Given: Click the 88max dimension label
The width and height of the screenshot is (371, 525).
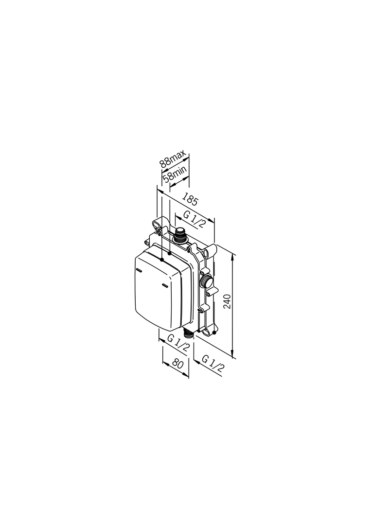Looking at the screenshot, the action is click(172, 159).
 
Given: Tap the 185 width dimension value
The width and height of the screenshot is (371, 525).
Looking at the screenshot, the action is click(190, 200).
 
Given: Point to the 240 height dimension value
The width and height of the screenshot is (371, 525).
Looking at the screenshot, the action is click(228, 301).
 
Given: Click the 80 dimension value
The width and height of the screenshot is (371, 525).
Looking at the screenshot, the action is click(178, 364).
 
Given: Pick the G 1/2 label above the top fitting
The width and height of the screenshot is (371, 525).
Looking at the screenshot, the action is click(193, 219).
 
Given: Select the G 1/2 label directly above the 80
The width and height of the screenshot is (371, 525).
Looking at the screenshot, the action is click(178, 343).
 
